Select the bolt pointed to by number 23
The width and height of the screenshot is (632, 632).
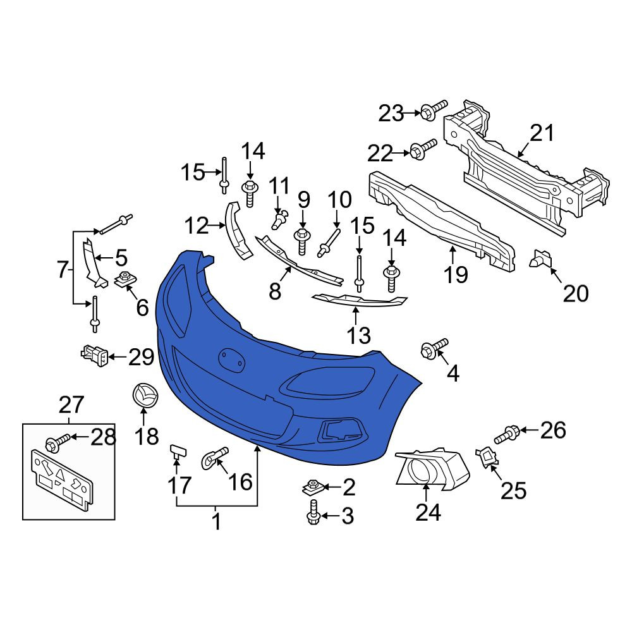click(x=434, y=109)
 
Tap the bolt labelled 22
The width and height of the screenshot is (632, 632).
click(x=423, y=149)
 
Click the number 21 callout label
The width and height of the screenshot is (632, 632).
click(x=542, y=133)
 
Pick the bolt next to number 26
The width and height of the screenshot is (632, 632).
click(x=507, y=435)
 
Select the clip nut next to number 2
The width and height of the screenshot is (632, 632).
click(x=313, y=487)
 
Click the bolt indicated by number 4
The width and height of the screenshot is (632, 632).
click(x=434, y=349)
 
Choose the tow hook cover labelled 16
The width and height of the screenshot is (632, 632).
click(x=214, y=458)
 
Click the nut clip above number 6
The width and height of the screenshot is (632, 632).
click(x=126, y=279)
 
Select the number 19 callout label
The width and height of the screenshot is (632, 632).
click(x=456, y=274)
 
